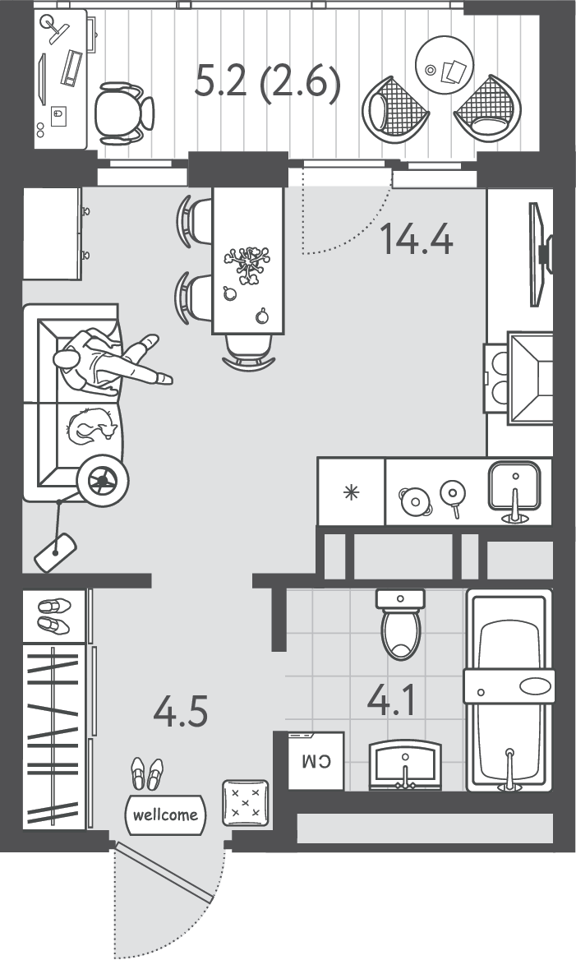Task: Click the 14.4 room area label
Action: pyautogui.click(x=417, y=239)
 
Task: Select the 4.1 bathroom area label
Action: pyautogui.click(x=391, y=700)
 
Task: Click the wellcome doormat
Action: pyautogui.click(x=165, y=815)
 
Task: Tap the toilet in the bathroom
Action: pyautogui.click(x=401, y=624)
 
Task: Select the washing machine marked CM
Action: pyautogui.click(x=316, y=760)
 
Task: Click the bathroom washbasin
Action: pyautogui.click(x=405, y=764)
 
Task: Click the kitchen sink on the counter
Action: pyautogui.click(x=514, y=489)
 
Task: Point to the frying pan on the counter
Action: pyautogui.click(x=454, y=495)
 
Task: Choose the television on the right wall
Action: pyautogui.click(x=539, y=254)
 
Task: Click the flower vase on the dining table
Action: pyautogui.click(x=248, y=264)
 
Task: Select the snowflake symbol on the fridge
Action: pyautogui.click(x=352, y=492)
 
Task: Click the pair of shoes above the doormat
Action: pyautogui.click(x=148, y=774)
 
